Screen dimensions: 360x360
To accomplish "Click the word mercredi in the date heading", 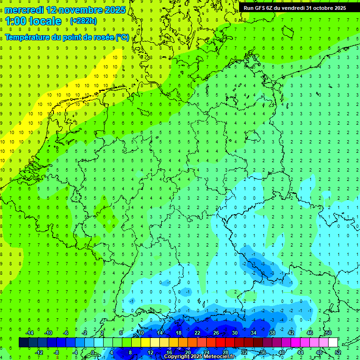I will tap(24, 10).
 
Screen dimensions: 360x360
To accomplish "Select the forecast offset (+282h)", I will tap(83, 21).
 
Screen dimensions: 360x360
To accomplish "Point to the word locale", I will tap(46, 21).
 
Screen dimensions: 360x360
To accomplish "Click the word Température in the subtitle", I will tap(28, 37).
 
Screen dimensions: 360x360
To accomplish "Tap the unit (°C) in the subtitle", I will tap(122, 37).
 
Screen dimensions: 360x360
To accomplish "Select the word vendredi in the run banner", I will tap(292, 8).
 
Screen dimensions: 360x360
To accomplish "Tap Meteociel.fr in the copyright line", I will tap(219, 357).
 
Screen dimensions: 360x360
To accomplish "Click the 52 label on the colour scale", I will tap(338, 352).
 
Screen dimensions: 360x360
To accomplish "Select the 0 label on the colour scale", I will tap(93, 352).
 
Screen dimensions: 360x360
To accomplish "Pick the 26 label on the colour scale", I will tap(216, 333).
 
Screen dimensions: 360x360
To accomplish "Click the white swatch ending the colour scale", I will tap(333, 343).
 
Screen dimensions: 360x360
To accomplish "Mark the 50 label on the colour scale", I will tap(328, 333).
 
